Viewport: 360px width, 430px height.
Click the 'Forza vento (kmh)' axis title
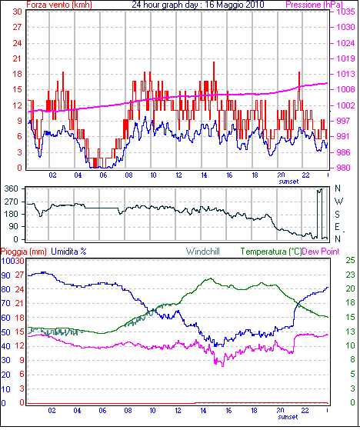click(59, 5)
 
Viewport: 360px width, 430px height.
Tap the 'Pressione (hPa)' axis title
click(314, 5)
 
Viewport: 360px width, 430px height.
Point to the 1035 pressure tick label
click(345, 12)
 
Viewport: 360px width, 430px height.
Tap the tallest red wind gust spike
click(214, 62)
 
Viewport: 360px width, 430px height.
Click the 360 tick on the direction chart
click(12, 188)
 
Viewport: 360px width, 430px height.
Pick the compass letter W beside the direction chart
click(338, 202)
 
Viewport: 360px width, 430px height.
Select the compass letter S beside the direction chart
click(338, 214)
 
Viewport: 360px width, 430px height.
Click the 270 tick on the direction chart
click(12, 202)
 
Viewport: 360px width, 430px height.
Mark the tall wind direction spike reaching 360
click(319, 189)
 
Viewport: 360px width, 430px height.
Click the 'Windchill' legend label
click(203, 252)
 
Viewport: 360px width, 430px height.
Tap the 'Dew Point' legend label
click(321, 252)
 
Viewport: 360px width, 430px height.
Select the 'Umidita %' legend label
click(68, 252)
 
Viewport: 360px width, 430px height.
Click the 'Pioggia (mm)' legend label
click(24, 252)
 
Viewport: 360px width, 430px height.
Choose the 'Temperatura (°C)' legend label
click(271, 252)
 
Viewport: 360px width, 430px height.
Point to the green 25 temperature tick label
click(351, 260)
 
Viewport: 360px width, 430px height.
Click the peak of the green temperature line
click(211, 278)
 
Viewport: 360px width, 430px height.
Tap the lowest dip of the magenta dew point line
click(222, 366)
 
